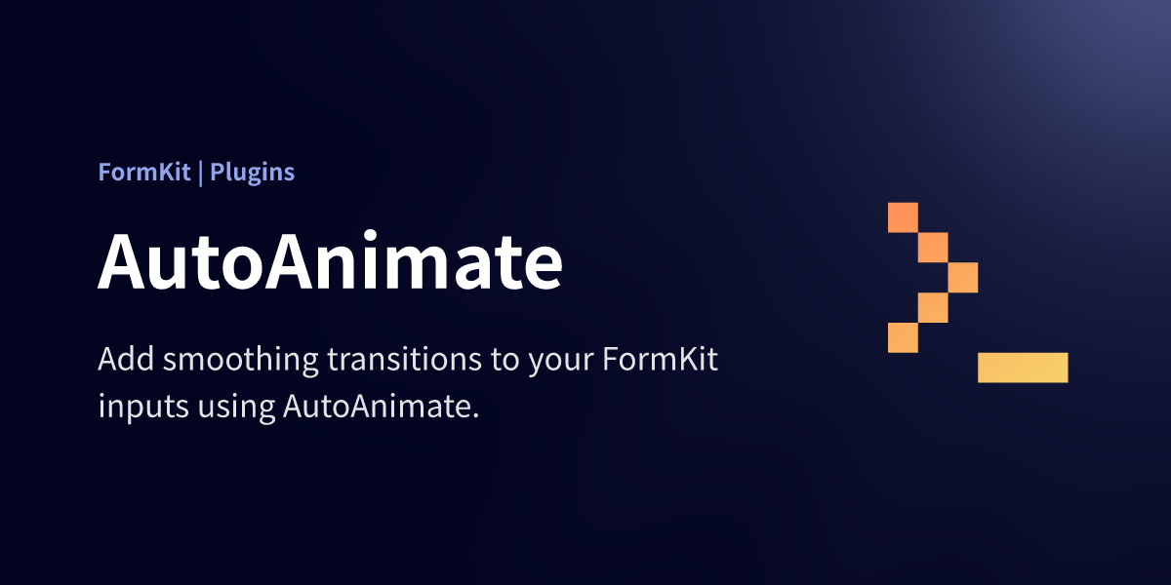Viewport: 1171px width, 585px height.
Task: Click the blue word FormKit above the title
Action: pos(144,172)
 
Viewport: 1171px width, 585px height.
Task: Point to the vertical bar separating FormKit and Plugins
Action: pos(201,174)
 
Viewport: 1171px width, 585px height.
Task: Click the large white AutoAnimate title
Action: pos(330,260)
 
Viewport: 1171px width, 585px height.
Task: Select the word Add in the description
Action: pos(126,359)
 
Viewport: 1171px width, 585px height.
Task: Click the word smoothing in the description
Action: pos(240,361)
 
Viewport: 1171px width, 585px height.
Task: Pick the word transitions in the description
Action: pos(405,359)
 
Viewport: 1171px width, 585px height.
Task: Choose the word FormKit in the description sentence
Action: pos(661,359)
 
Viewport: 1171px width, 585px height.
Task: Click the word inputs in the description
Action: pos(143,408)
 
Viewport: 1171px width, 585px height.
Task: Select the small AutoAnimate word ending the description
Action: pos(377,407)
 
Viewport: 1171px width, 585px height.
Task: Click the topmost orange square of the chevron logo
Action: pos(903,217)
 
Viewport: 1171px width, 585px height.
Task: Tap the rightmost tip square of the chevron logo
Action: pos(963,277)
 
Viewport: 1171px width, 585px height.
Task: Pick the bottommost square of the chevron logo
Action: pos(903,337)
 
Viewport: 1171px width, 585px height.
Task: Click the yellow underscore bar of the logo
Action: pos(1023,368)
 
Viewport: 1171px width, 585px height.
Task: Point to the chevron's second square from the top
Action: pos(933,248)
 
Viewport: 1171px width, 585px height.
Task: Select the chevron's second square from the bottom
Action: pos(933,308)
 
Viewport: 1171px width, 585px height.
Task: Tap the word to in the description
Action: pos(505,361)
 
